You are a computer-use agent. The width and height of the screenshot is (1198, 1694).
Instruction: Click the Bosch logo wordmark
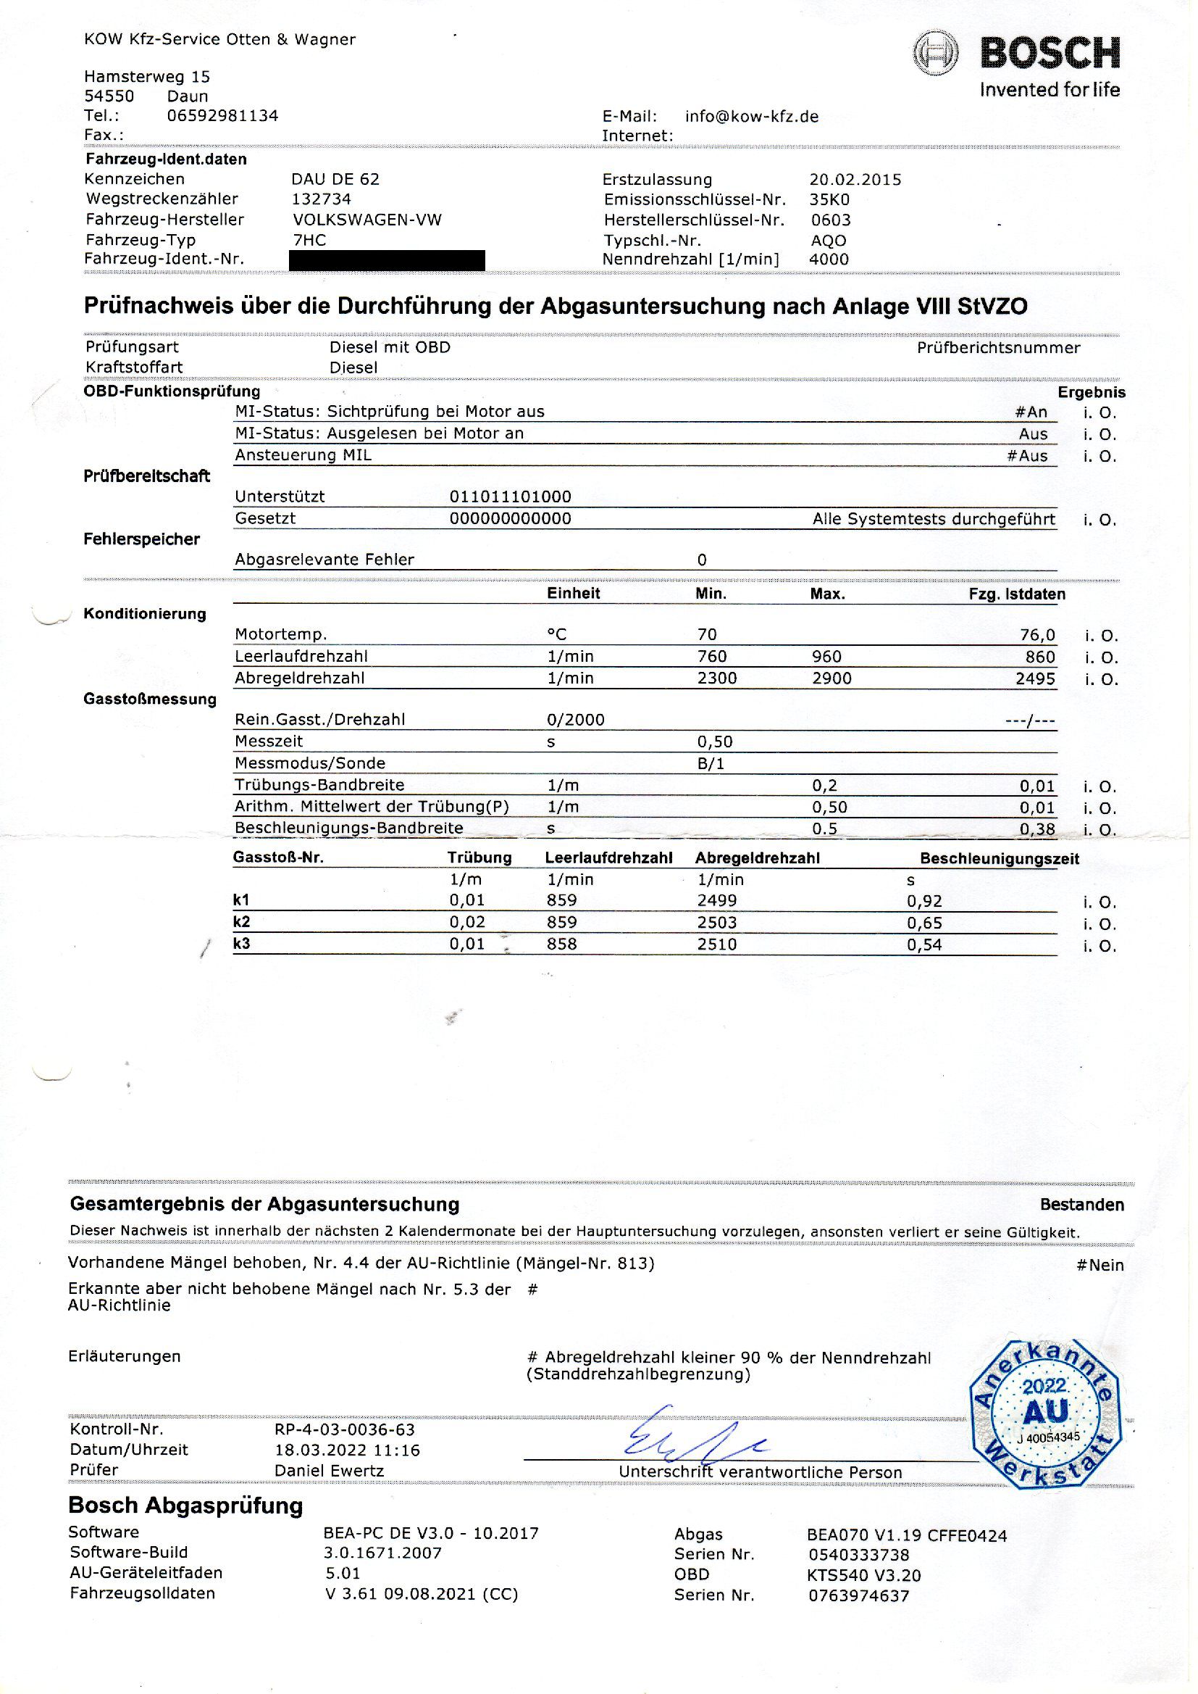tap(1049, 54)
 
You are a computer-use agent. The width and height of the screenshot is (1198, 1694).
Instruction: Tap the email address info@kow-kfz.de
tap(751, 117)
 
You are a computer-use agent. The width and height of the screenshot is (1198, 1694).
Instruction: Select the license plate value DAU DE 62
tap(335, 178)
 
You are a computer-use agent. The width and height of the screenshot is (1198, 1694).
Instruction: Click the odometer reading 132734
tap(322, 199)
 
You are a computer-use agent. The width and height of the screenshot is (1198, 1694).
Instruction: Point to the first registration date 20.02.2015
tap(855, 179)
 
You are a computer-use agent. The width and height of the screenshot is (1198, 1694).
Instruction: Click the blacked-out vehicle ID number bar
tap(388, 260)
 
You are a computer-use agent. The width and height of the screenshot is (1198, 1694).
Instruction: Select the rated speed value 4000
tap(829, 259)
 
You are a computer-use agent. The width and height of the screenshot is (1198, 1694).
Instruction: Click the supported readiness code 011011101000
tap(511, 497)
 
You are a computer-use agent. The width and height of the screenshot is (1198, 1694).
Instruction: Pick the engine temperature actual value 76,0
tap(1037, 635)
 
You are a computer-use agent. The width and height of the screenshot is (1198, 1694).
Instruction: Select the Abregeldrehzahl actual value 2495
tap(1035, 678)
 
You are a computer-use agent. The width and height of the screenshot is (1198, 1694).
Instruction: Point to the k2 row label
tap(241, 921)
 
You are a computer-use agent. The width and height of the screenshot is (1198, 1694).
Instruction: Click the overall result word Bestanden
tap(1081, 1205)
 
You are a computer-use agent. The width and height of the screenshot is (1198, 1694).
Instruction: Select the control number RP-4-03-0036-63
tap(345, 1429)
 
